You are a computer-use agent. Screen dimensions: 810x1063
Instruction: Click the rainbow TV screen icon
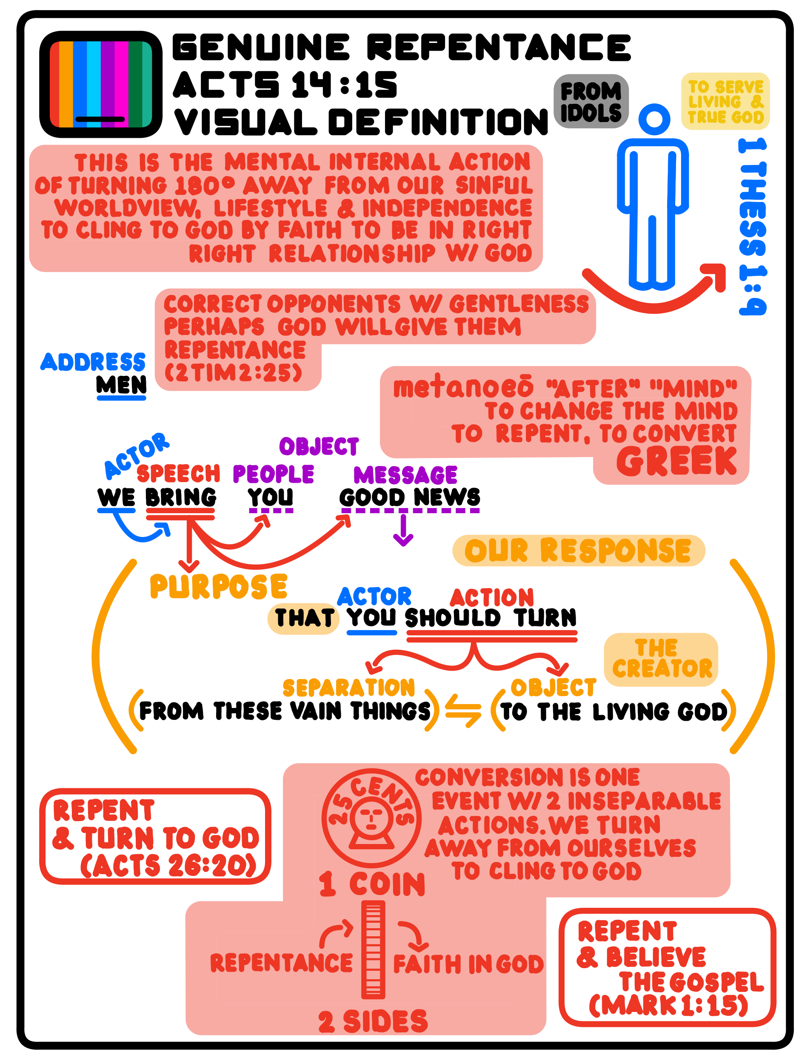[x=100, y=84]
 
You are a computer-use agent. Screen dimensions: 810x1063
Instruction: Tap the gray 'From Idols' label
[x=591, y=102]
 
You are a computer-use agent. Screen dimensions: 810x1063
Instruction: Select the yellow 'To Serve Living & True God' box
[x=725, y=102]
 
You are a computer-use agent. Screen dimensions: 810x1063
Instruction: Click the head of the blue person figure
[x=654, y=119]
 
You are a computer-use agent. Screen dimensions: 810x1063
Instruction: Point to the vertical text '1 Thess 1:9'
[x=753, y=227]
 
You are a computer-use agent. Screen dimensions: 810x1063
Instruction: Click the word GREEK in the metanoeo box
[x=676, y=461]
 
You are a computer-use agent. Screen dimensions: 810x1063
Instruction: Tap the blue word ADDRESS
[x=93, y=362]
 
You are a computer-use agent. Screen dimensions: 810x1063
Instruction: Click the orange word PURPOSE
[x=218, y=586]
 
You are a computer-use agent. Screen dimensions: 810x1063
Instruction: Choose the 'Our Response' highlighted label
[x=578, y=550]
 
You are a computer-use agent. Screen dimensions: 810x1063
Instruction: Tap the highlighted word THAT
[x=304, y=618]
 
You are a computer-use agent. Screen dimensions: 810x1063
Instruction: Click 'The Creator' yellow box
[x=661, y=659]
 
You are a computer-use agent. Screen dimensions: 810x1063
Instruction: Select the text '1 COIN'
[x=372, y=884]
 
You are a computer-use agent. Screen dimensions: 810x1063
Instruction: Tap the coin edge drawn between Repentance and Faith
[x=373, y=949]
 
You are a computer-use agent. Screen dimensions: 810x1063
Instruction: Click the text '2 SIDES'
[x=373, y=1021]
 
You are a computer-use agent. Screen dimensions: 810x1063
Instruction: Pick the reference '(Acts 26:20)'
[x=168, y=866]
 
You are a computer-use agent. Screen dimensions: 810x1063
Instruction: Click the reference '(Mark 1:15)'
[x=668, y=1005]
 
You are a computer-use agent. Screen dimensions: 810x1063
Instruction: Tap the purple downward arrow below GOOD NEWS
[x=403, y=530]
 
